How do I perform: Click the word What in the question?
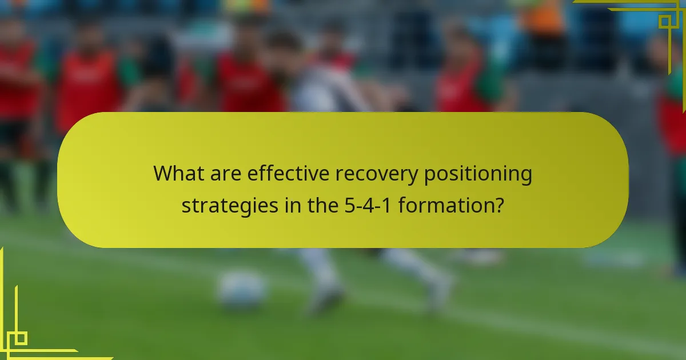point(178,174)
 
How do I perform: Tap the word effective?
point(289,174)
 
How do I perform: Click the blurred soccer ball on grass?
point(241,289)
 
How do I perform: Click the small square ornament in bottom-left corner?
point(21,338)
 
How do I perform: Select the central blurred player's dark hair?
point(285,46)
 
